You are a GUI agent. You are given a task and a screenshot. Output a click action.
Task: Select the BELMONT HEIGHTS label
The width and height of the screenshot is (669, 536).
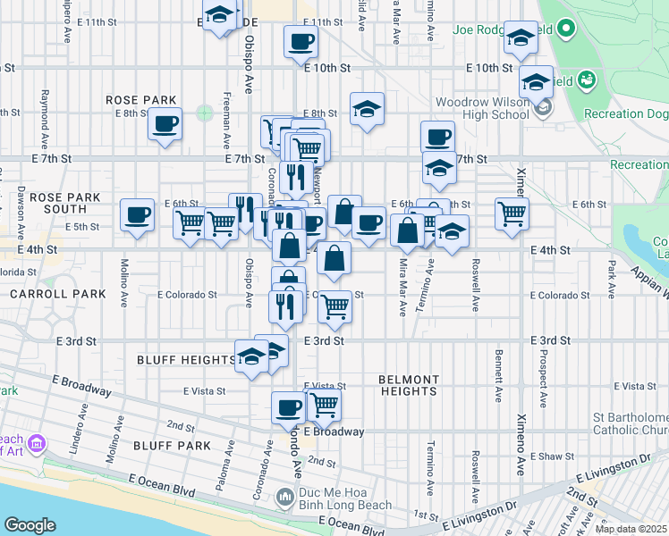(x=408, y=385)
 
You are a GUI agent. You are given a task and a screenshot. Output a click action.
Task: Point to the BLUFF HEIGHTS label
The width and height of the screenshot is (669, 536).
(x=186, y=360)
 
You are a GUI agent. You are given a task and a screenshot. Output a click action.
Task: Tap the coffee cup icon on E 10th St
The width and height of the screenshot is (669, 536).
(x=301, y=41)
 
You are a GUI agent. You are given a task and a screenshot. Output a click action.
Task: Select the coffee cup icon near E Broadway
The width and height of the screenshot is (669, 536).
(x=288, y=407)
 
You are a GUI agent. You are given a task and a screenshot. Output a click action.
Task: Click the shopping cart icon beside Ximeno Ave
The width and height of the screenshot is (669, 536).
(x=512, y=214)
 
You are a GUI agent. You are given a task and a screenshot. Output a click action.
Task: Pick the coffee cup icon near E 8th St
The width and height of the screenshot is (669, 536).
(x=165, y=124)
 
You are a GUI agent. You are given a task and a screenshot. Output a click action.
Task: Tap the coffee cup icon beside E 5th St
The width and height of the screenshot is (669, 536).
(x=136, y=215)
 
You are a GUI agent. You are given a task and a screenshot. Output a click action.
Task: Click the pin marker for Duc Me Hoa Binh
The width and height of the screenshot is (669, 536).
(x=284, y=495)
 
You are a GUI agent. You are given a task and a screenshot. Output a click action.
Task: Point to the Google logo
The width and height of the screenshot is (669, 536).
(x=30, y=524)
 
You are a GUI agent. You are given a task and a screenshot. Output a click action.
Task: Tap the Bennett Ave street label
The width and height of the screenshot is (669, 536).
(x=497, y=368)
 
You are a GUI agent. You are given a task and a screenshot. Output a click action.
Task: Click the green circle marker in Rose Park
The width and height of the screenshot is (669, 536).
(x=205, y=113)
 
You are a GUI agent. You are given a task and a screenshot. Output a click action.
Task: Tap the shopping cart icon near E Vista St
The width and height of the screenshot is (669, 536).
(x=324, y=406)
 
